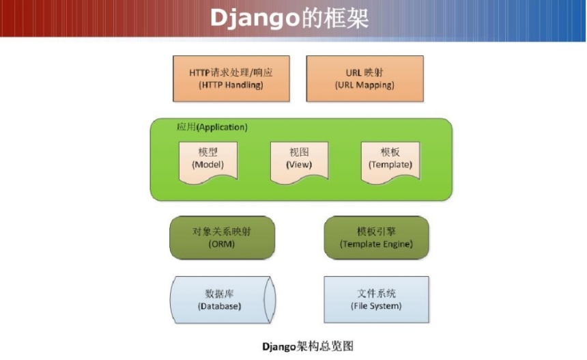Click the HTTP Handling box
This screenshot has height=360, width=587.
[231, 79]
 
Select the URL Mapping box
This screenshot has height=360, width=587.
[364, 79]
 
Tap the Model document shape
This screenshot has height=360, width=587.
[208, 163]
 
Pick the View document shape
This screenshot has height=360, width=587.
[299, 163]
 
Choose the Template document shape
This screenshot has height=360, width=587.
[390, 163]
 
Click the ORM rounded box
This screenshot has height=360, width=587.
[222, 238]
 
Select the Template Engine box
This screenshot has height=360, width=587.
[376, 238]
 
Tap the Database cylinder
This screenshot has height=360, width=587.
[223, 300]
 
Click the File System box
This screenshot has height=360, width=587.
[376, 300]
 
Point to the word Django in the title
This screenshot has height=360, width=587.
[255, 18]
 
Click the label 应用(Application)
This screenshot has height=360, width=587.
[212, 127]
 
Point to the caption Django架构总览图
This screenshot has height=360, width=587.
[308, 346]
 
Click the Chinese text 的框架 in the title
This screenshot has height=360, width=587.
[335, 18]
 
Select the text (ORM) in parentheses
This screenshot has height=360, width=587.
[222, 244]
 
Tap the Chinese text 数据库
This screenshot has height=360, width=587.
[219, 293]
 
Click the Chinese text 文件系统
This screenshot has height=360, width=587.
[376, 293]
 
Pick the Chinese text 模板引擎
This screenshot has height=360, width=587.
[376, 231]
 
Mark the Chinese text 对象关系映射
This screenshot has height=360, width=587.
[222, 231]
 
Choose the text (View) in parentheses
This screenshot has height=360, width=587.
[299, 165]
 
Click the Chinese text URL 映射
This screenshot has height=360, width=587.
[364, 72]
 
